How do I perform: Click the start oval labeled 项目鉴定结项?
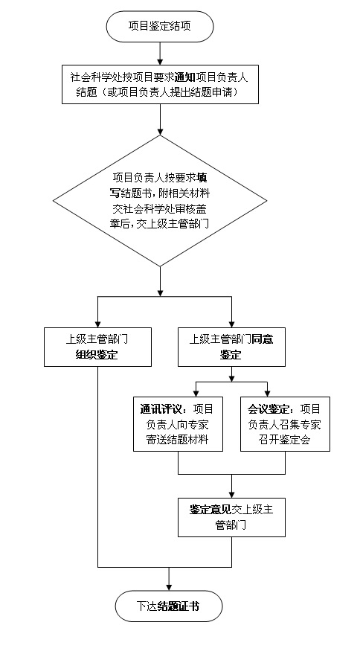click(160, 26)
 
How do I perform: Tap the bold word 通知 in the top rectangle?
click(184, 77)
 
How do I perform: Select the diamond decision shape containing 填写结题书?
click(160, 201)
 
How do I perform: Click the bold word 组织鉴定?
click(97, 355)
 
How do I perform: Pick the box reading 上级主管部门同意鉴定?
click(231, 347)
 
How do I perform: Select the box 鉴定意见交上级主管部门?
click(231, 517)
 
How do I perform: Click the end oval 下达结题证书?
click(169, 606)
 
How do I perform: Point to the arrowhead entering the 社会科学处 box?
click(160, 62)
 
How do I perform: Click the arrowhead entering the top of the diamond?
click(160, 132)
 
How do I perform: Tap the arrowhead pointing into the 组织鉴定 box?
click(97, 324)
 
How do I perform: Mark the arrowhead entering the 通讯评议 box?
click(196, 394)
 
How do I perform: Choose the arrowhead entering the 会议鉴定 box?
click(267, 394)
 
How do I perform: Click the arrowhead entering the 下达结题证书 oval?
click(169, 588)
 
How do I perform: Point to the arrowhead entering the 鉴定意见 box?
click(231, 495)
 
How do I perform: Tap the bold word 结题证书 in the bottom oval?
click(179, 606)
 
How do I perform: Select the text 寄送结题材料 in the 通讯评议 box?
click(177, 440)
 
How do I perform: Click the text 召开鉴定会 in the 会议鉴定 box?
click(285, 440)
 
